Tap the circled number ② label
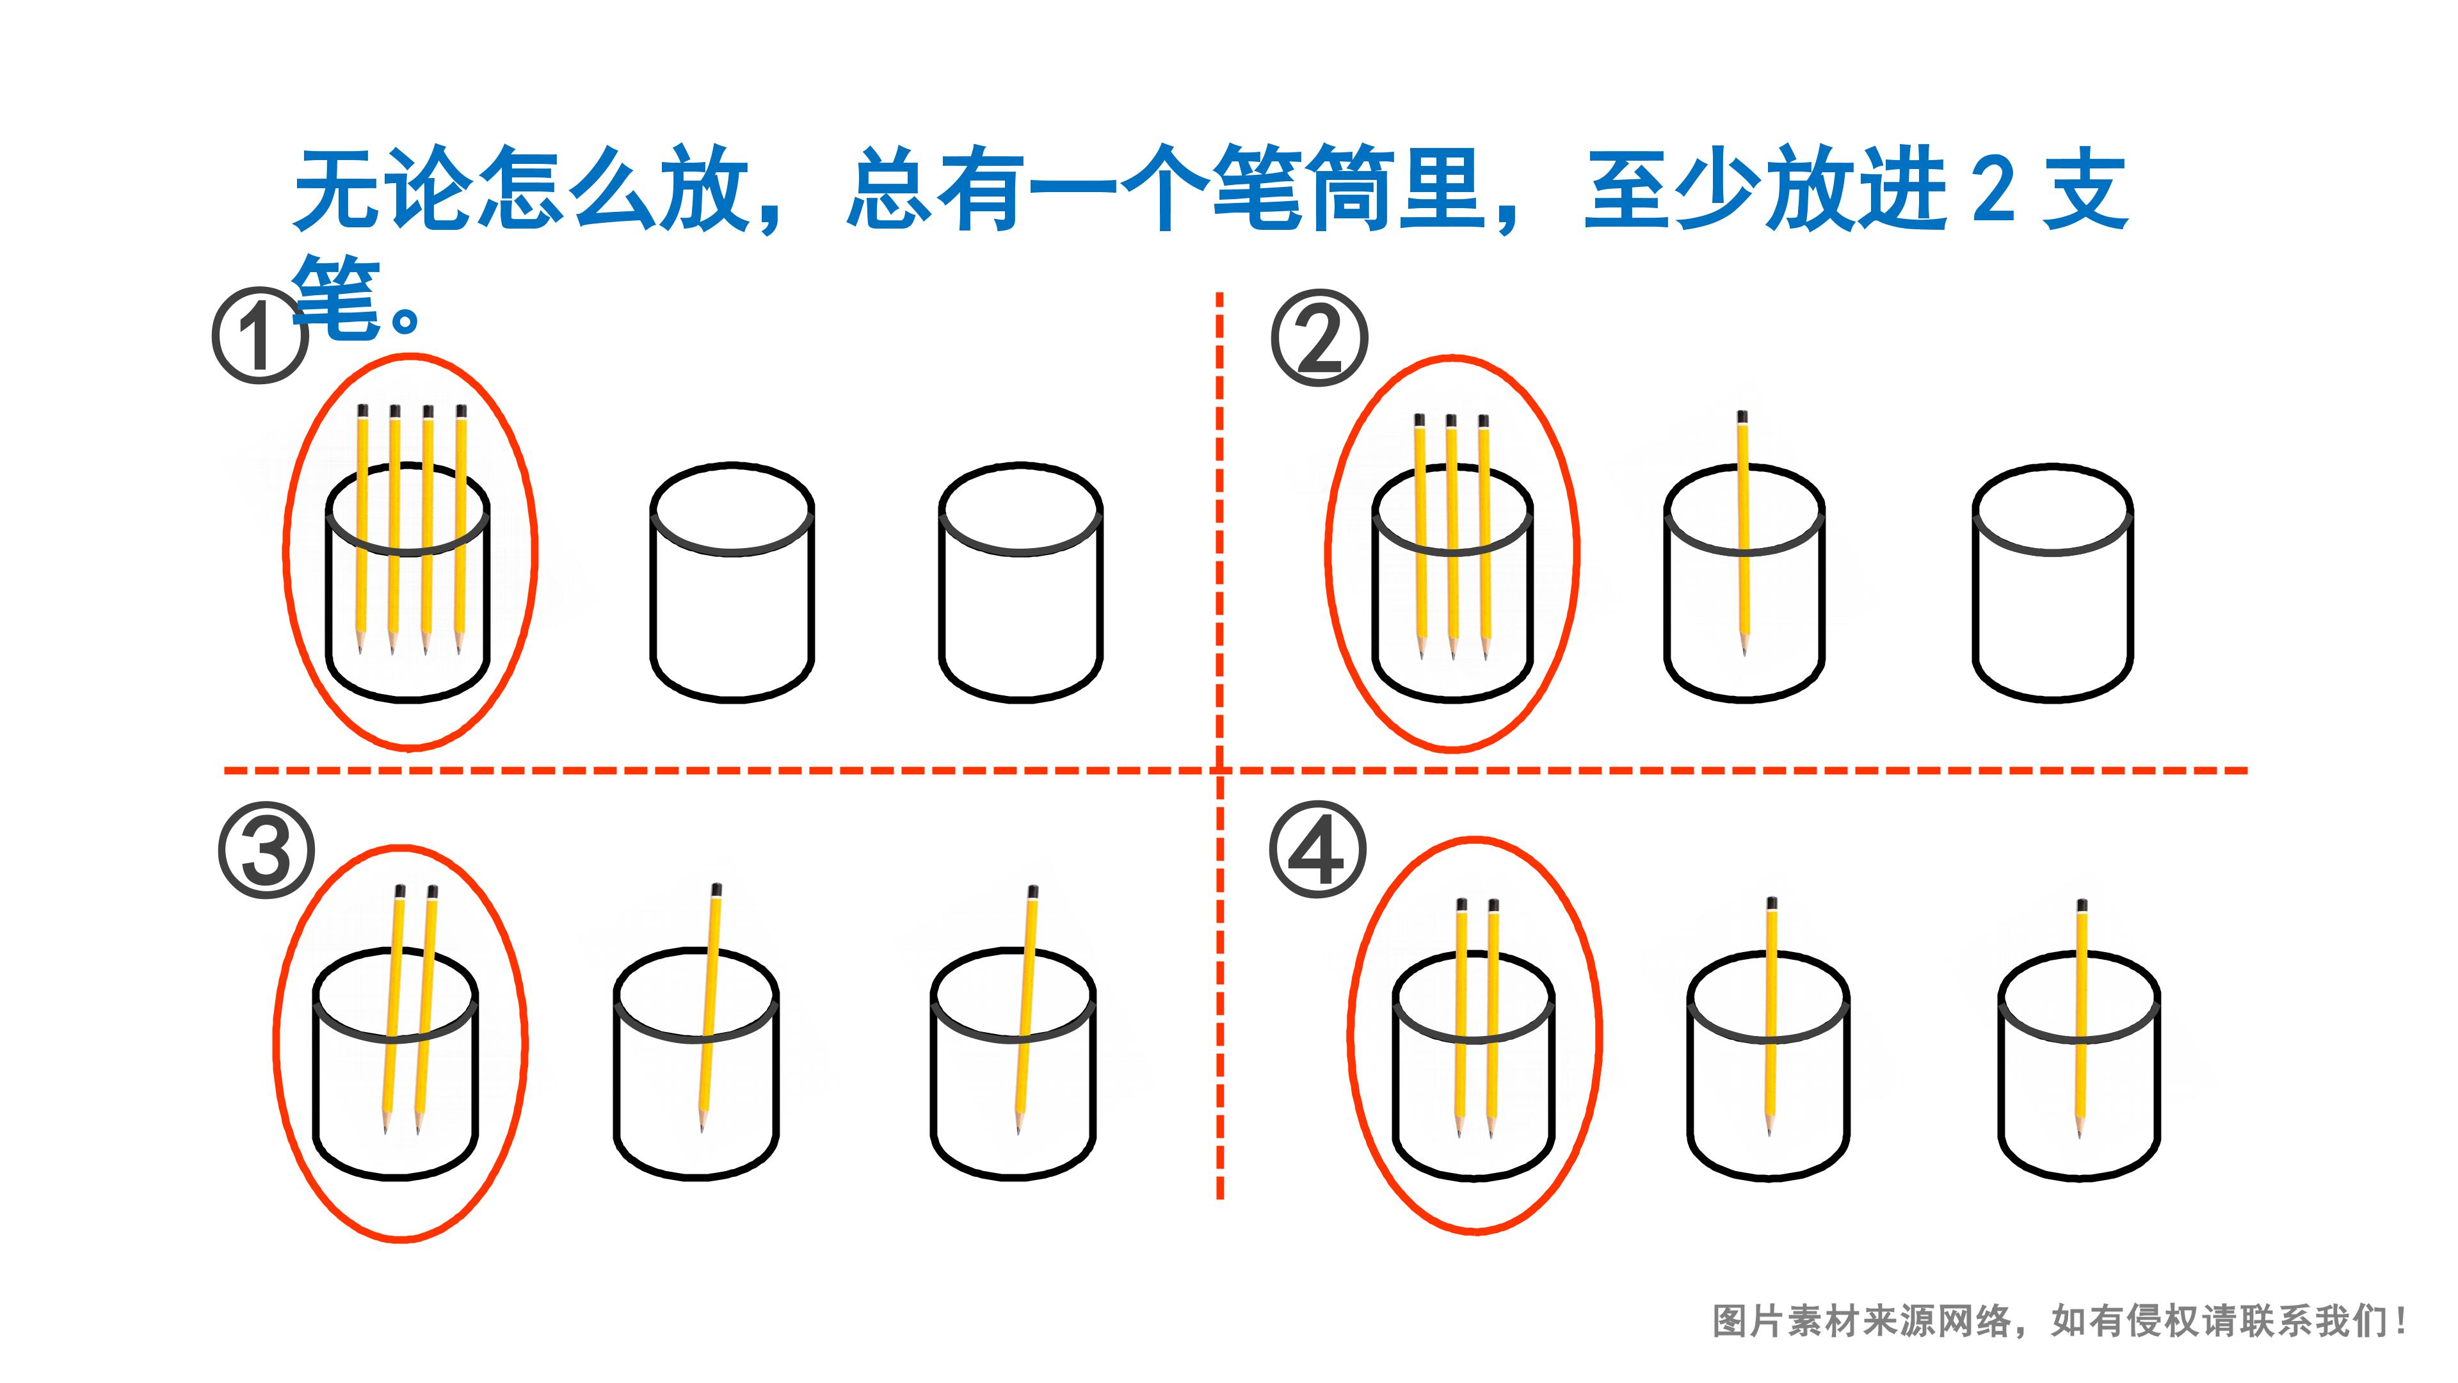click(1320, 338)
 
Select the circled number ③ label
click(266, 850)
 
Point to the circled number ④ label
click(1318, 850)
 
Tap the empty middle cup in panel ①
click(732, 583)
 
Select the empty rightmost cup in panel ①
click(1020, 583)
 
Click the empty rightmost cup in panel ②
click(2052, 584)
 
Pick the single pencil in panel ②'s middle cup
click(1743, 533)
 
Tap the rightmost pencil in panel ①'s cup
click(461, 529)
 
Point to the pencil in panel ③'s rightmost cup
click(1025, 1010)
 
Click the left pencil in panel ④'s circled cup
click(1461, 1017)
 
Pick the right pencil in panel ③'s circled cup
click(424, 1010)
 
